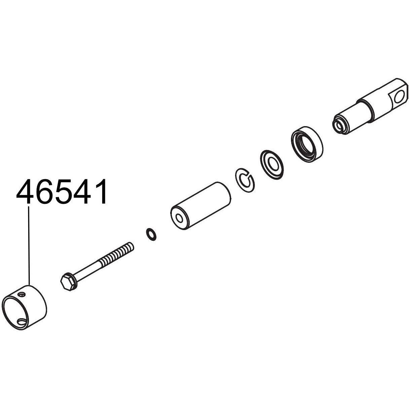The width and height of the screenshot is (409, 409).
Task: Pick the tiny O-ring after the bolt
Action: [151, 234]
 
